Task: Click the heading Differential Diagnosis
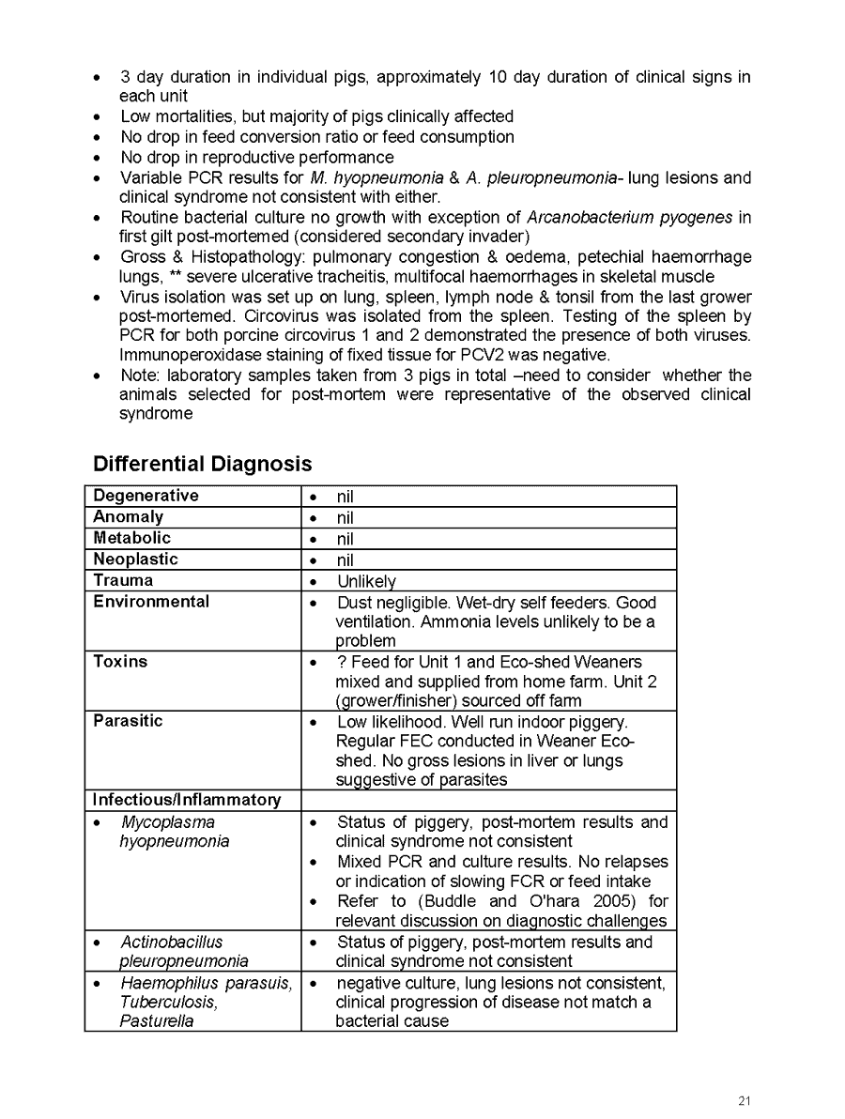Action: click(202, 464)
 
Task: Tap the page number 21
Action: click(745, 1101)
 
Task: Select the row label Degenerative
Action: click(146, 496)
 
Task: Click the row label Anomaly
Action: click(128, 516)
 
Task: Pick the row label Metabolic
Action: click(131, 538)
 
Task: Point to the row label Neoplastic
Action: click(135, 559)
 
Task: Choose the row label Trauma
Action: click(122, 580)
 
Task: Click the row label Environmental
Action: click(151, 602)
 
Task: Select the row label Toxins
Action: click(120, 662)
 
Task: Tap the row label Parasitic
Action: click(128, 721)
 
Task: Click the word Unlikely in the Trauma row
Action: click(366, 582)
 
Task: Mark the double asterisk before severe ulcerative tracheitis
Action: click(168, 277)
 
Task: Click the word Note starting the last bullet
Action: click(138, 376)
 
